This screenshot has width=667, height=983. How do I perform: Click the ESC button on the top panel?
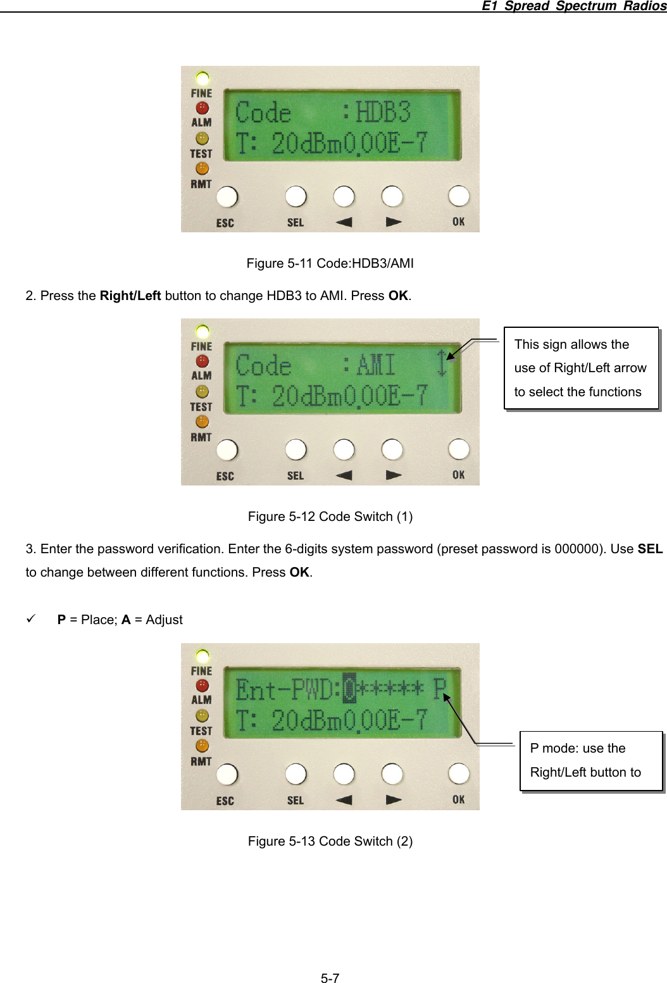click(227, 197)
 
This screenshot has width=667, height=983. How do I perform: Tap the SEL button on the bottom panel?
click(296, 773)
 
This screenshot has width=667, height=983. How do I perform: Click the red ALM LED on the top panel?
click(202, 108)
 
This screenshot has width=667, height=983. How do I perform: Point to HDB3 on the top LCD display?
click(383, 113)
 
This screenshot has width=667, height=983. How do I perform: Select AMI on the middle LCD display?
click(376, 365)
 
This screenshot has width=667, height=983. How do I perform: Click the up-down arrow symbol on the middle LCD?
click(442, 363)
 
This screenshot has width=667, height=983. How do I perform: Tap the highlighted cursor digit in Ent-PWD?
click(349, 689)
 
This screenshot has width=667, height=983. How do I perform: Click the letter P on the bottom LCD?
click(440, 689)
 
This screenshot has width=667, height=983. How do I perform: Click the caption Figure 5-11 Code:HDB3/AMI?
click(330, 263)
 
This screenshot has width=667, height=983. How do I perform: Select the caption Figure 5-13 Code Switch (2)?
click(330, 841)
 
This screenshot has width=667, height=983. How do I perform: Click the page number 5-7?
click(330, 978)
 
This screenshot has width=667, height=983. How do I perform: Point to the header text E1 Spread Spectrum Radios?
click(573, 6)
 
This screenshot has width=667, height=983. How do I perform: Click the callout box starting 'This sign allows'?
click(581, 368)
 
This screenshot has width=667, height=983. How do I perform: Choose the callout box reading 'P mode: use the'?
click(590, 761)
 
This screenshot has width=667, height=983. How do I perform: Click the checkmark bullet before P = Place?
click(30, 619)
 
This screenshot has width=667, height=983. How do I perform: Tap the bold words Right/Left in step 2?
click(130, 296)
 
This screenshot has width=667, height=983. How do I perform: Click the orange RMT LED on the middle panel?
click(202, 422)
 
